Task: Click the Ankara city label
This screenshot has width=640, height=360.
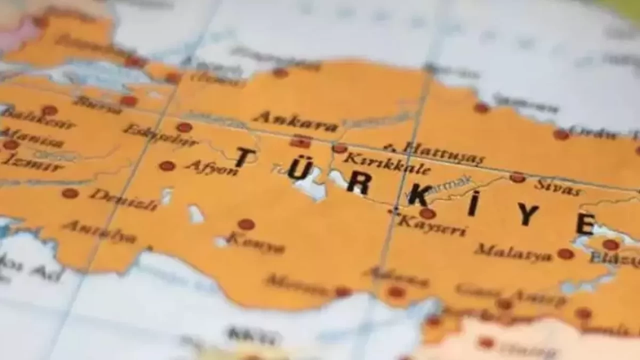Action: [295, 121]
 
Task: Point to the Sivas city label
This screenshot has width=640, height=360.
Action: [557, 187]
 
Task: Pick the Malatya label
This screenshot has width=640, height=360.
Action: [513, 252]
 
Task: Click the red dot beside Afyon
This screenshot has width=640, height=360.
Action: [167, 166]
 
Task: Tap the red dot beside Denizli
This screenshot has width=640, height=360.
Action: [70, 193]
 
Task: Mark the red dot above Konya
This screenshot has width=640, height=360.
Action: [246, 224]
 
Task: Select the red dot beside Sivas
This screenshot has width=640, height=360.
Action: [517, 177]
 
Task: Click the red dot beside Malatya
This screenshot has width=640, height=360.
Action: [565, 254]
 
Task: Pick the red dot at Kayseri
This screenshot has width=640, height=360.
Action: [427, 214]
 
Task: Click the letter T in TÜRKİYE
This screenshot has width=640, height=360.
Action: [245, 157]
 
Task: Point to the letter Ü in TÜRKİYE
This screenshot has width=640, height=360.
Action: [299, 169]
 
